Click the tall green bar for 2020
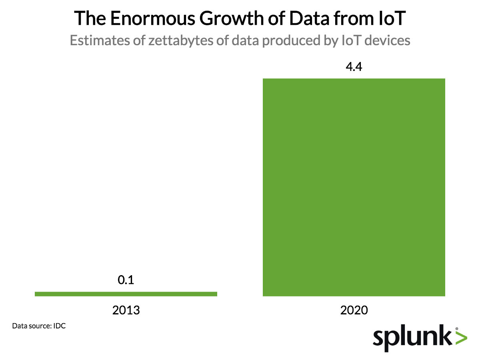[x=354, y=187]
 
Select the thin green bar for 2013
[x=126, y=294]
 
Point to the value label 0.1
[x=126, y=280]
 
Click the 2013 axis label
[x=126, y=310]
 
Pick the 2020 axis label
[x=354, y=310]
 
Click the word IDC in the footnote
[x=59, y=326]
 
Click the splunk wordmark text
[x=412, y=338]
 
